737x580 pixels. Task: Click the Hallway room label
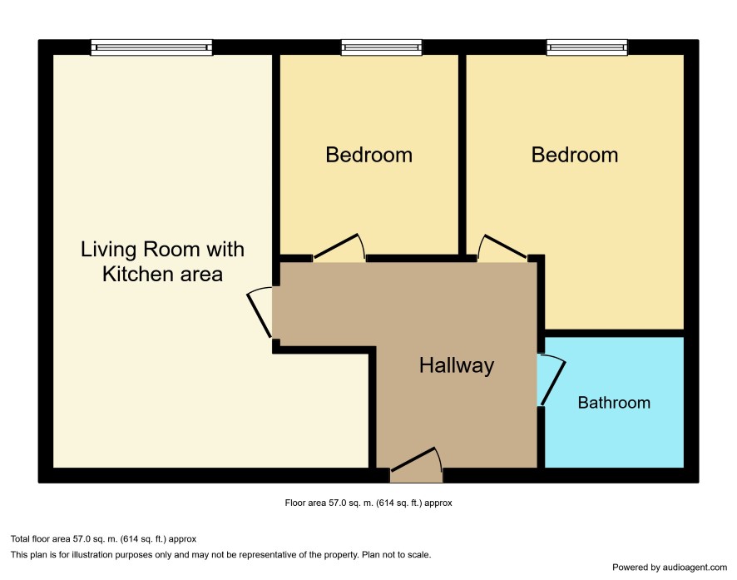point(457,365)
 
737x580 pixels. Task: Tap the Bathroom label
point(614,403)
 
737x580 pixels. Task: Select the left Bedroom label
point(369,155)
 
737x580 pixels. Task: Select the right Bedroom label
point(574,155)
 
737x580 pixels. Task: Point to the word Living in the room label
point(109,250)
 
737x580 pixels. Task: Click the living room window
point(151,47)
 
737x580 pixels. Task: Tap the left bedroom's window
point(382,47)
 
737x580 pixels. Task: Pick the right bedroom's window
point(587,47)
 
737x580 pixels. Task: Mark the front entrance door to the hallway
point(417,459)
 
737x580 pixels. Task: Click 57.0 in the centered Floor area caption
point(338,503)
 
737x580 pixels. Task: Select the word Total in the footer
point(20,539)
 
